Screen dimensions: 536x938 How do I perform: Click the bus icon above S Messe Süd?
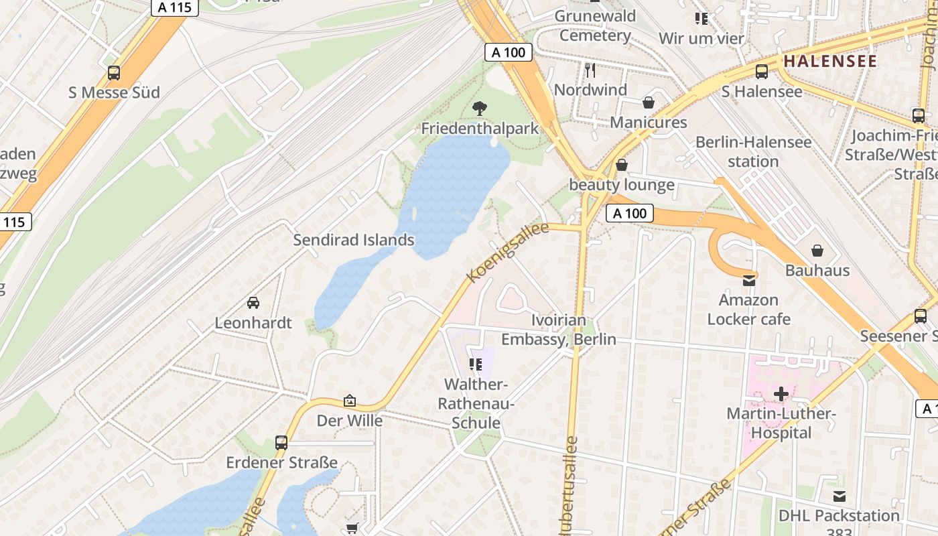click(114, 73)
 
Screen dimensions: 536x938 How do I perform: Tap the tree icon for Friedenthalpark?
click(480, 108)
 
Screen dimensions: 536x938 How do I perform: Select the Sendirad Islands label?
click(354, 240)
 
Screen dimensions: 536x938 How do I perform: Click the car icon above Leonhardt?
click(253, 303)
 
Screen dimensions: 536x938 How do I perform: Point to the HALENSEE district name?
click(830, 61)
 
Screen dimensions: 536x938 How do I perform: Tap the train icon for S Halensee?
click(762, 72)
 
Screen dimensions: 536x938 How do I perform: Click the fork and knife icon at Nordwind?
click(590, 70)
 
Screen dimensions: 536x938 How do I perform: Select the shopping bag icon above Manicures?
click(649, 103)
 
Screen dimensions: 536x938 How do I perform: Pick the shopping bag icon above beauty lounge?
click(622, 165)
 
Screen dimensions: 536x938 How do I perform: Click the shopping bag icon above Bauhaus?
click(817, 251)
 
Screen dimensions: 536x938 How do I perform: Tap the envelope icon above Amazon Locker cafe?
click(749, 280)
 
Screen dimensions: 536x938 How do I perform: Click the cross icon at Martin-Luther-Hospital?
click(781, 394)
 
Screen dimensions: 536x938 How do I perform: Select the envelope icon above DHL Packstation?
click(839, 496)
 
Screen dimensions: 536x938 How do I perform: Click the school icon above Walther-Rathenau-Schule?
click(476, 364)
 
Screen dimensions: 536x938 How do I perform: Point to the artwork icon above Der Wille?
click(350, 401)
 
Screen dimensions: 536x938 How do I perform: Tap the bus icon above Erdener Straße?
click(281, 443)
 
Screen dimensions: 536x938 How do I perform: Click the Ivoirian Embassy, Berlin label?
click(559, 330)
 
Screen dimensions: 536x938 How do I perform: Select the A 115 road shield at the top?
click(175, 7)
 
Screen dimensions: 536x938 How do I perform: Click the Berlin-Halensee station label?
click(753, 151)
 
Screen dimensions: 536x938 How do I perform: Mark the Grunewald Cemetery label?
click(595, 25)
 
